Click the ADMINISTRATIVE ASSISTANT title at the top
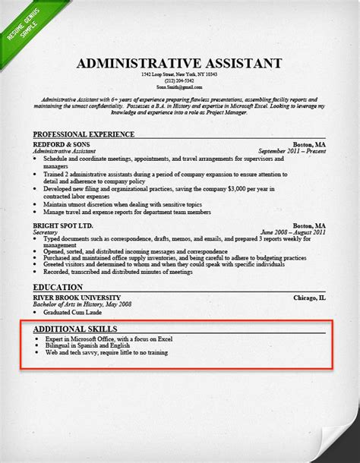pos(179,63)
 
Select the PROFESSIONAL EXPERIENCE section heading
pos(84,134)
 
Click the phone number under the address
pos(179,81)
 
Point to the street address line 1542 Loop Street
pos(179,74)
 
